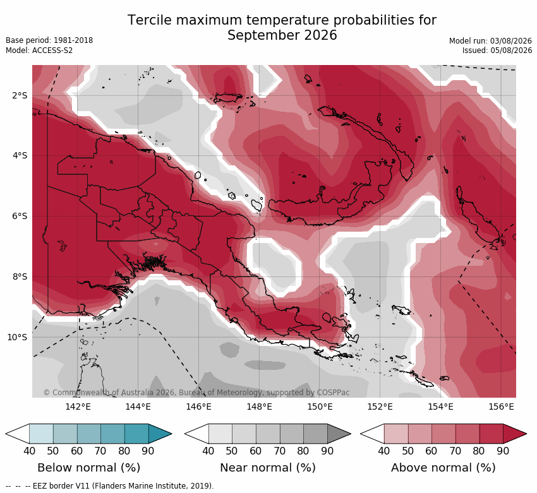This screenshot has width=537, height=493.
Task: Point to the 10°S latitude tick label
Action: pyautogui.click(x=17, y=337)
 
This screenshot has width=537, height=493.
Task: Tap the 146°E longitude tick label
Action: pyautogui.click(x=198, y=407)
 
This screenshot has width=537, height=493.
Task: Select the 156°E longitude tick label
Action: pyautogui.click(x=501, y=407)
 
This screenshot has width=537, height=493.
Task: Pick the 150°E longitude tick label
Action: pyautogui.click(x=320, y=407)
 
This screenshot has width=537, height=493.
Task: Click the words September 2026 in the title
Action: pyautogui.click(x=282, y=35)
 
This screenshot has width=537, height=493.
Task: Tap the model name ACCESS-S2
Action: pyautogui.click(x=52, y=50)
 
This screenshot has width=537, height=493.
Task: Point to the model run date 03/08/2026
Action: pyautogui.click(x=511, y=41)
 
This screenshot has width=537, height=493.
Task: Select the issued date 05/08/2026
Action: pyautogui.click(x=511, y=50)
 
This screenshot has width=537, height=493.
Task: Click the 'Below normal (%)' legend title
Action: pyautogui.click(x=89, y=468)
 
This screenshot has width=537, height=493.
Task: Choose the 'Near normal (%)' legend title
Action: pyautogui.click(x=268, y=468)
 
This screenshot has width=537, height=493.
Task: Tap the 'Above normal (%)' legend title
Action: pyautogui.click(x=443, y=468)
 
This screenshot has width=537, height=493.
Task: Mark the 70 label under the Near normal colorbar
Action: pyautogui.click(x=279, y=451)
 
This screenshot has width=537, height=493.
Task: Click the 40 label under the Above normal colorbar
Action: pyautogui.click(x=384, y=451)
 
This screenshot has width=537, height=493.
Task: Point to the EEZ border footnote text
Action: pyautogui.click(x=109, y=486)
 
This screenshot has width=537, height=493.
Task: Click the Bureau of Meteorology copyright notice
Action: pyautogui.click(x=196, y=393)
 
